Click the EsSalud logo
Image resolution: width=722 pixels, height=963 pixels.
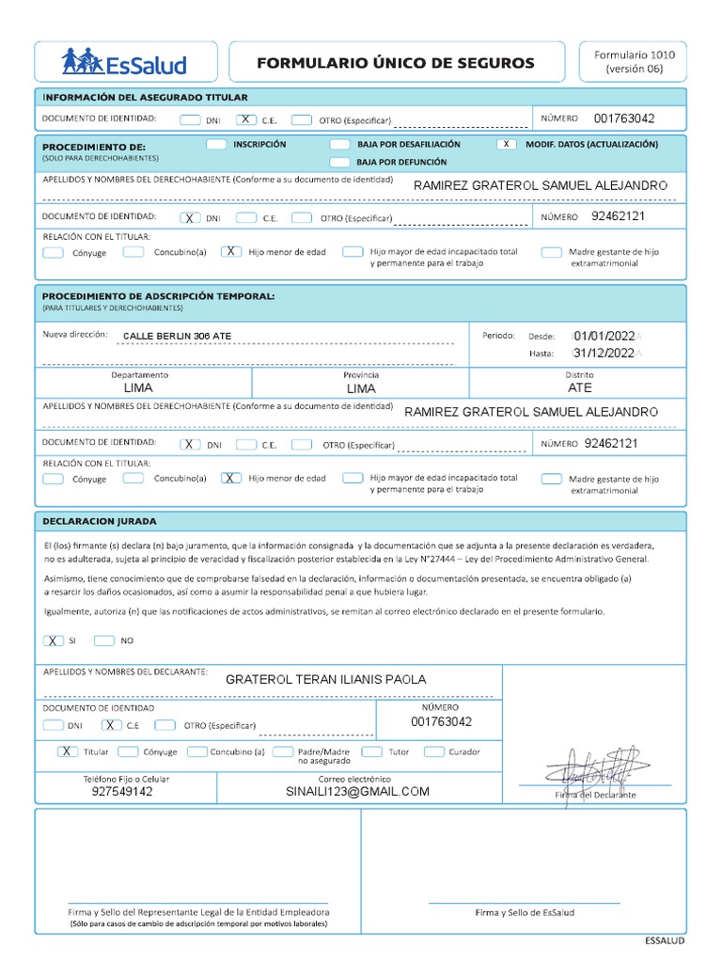(x=124, y=63)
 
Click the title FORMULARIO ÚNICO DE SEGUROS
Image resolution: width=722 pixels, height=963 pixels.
(x=396, y=63)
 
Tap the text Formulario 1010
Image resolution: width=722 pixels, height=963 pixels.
(x=634, y=55)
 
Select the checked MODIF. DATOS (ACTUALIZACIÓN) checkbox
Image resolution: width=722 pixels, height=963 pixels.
(x=507, y=145)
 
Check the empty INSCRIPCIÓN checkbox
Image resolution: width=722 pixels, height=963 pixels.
(x=216, y=145)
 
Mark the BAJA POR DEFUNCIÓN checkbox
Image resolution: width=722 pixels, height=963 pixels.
(x=339, y=162)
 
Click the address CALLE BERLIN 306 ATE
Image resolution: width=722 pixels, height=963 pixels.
(x=177, y=336)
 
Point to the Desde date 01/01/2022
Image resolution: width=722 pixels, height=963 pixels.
(x=604, y=335)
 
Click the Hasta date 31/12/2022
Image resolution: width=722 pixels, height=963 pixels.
(x=604, y=354)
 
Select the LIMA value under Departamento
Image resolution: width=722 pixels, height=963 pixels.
(x=138, y=387)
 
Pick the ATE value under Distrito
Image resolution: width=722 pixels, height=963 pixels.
(x=580, y=387)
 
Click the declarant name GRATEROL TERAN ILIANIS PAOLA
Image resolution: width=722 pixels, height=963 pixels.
(x=325, y=679)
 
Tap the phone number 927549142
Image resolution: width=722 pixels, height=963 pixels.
(x=121, y=792)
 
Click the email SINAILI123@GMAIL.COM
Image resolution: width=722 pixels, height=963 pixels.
(x=357, y=792)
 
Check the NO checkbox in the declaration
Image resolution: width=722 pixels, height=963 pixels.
(x=103, y=640)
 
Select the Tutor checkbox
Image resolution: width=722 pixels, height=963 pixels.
(x=371, y=751)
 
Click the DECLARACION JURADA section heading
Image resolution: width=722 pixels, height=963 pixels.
(x=100, y=521)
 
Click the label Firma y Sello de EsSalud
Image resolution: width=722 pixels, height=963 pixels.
(x=524, y=912)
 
